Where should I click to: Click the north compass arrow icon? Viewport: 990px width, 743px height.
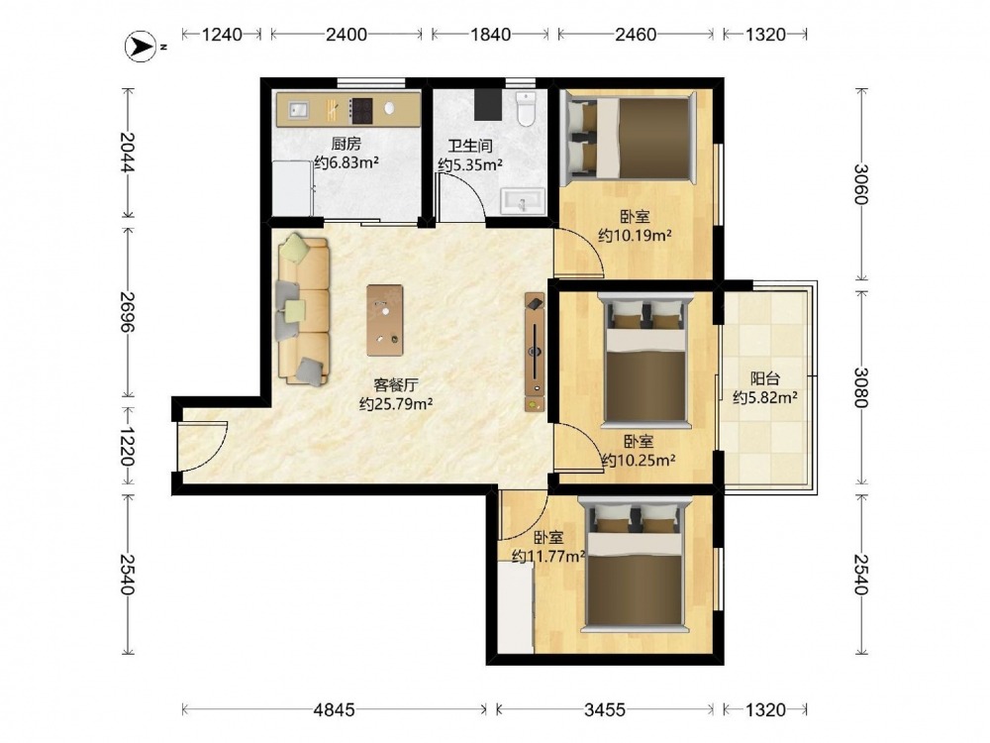coord(141,47)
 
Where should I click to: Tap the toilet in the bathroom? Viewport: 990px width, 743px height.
coord(526,108)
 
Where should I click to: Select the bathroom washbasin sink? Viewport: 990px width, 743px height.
coord(523,201)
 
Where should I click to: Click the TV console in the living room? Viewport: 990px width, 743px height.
coord(535,354)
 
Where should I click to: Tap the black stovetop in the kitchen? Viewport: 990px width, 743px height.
coord(361,111)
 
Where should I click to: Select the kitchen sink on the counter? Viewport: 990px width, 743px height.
coord(299,111)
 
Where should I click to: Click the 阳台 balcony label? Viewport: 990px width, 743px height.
coord(764,379)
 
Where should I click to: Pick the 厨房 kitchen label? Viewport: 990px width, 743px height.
coord(346,145)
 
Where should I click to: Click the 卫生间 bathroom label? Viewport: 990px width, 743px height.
coord(469,146)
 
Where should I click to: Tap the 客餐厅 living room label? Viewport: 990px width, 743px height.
coord(396,384)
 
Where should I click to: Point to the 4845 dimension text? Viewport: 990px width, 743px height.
coord(335,710)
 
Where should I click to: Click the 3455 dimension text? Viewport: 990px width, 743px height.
coord(604,710)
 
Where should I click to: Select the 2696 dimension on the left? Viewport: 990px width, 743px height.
coord(127,311)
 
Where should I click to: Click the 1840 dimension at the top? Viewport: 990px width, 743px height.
coord(491,34)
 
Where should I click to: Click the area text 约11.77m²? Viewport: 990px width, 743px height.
coord(548,557)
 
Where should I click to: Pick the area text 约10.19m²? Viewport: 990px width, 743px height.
coord(635,236)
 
